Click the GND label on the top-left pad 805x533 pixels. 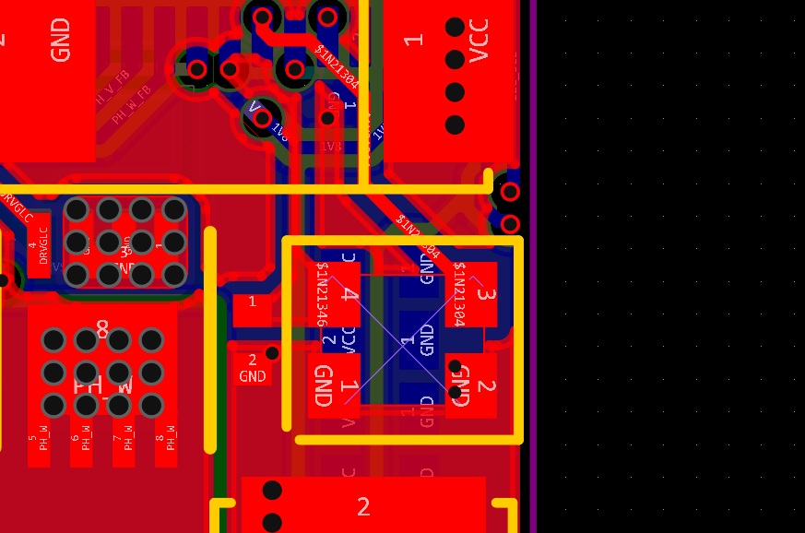coord(61,40)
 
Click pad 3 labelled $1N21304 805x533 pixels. coord(471,294)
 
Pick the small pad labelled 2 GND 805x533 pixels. coord(252,368)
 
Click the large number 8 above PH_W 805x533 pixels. coord(102,329)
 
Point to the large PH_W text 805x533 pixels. coord(102,382)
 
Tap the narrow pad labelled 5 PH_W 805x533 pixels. coord(38,443)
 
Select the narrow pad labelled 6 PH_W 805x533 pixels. coord(81,443)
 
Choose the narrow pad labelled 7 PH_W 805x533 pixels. coord(124,443)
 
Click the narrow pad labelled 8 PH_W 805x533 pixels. coord(166,443)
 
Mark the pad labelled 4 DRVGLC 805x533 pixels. coord(38,251)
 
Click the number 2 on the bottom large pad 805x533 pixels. coord(363,506)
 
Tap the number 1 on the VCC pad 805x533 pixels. coord(414,40)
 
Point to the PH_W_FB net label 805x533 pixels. coord(131,105)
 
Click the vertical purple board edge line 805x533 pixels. coord(533,266)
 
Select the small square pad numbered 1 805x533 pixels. coord(252,302)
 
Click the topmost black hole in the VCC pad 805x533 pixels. coord(455,28)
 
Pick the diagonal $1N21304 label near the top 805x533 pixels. coord(337,66)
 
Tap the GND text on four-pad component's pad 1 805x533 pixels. coord(324,385)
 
